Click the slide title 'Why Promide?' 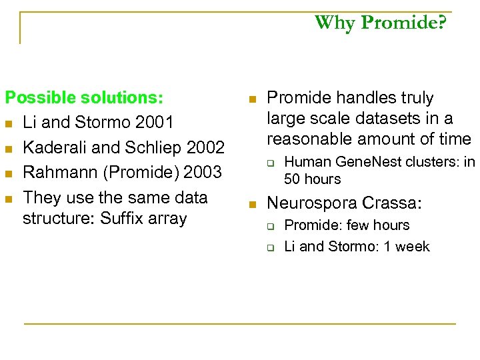381,23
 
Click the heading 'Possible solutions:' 84,98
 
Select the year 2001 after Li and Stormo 155,123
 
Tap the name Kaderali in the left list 51,147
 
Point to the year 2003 202,173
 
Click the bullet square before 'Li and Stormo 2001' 9,123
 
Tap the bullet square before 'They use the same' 9,199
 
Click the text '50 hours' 312,179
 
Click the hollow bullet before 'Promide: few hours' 272,226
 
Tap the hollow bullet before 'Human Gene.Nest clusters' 272,162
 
